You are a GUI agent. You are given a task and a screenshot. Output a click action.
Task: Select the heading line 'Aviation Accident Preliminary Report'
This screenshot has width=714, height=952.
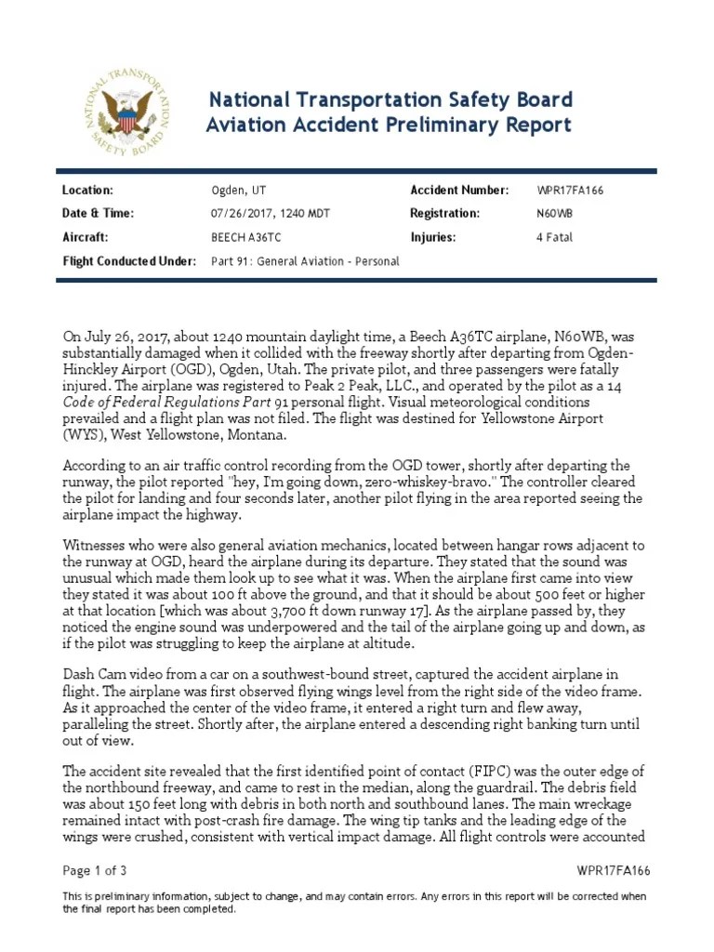pos(389,126)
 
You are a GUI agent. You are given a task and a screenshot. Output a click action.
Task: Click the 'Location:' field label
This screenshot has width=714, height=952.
pos(87,190)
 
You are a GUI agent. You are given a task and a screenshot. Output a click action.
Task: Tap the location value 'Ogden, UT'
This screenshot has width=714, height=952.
pos(239,191)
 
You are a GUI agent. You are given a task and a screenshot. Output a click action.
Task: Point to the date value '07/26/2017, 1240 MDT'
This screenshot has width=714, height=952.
pos(271,214)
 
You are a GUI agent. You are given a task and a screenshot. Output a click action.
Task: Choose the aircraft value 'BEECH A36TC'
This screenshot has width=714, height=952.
pos(245,237)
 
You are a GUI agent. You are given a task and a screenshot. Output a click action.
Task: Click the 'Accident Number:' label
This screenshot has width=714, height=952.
pos(459,190)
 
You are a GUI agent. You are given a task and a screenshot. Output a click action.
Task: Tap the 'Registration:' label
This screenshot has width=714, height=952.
pos(445,214)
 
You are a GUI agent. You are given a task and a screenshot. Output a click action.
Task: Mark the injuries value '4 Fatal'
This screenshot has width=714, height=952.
pos(554,237)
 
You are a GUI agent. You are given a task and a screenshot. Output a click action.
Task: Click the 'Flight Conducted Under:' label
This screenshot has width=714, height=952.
pos(129,261)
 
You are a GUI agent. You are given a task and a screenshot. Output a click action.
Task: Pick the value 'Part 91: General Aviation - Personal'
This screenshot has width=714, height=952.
pos(305,261)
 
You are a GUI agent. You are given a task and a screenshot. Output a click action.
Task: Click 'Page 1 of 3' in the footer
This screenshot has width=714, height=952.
pos(94,871)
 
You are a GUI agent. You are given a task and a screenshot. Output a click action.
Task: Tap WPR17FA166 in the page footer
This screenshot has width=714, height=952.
pos(613,871)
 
